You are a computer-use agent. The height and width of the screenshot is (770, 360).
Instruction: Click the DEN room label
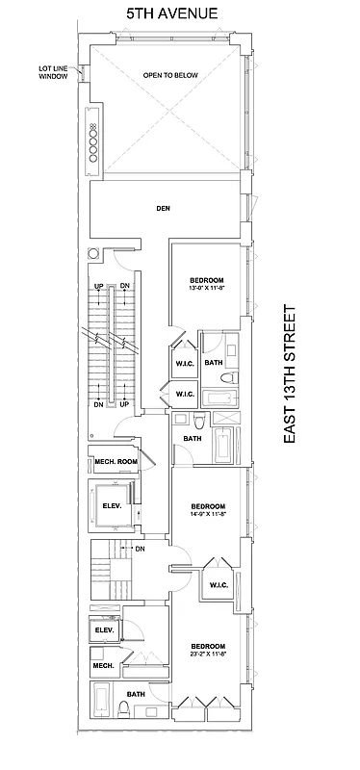163,207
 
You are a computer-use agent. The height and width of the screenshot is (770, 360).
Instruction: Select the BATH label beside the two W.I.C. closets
214,363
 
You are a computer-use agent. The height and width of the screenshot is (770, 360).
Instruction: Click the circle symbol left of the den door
93,253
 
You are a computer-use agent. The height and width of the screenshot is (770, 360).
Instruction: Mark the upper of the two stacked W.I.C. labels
186,363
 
